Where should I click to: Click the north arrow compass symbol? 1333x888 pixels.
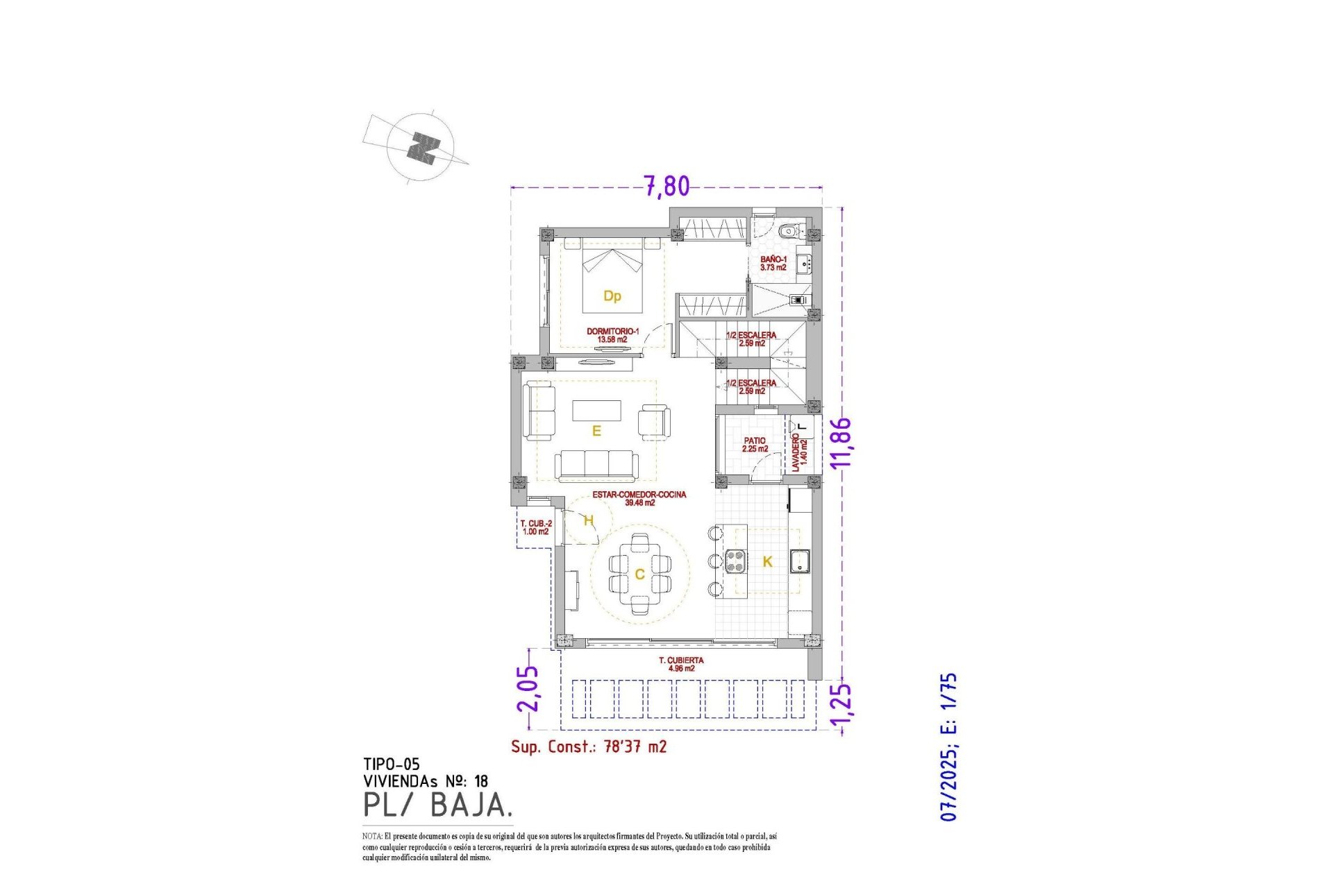tap(421, 148)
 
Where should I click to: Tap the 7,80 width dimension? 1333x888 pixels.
tap(666, 186)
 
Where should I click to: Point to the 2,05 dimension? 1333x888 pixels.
tap(528, 689)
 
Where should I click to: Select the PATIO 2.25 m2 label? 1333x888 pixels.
tap(755, 445)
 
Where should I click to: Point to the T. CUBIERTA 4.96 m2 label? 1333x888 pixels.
tap(681, 664)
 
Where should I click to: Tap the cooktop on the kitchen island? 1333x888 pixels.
tap(736, 561)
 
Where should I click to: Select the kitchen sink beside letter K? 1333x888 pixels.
tap(799, 561)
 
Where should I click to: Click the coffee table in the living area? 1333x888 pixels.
tap(596, 410)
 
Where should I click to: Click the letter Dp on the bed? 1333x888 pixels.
tap(612, 296)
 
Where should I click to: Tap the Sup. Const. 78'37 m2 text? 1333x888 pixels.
tap(589, 746)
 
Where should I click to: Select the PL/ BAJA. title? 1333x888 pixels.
tap(438, 805)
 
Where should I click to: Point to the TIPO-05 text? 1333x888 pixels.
tap(392, 764)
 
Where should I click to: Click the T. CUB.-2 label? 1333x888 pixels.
tap(536, 527)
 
